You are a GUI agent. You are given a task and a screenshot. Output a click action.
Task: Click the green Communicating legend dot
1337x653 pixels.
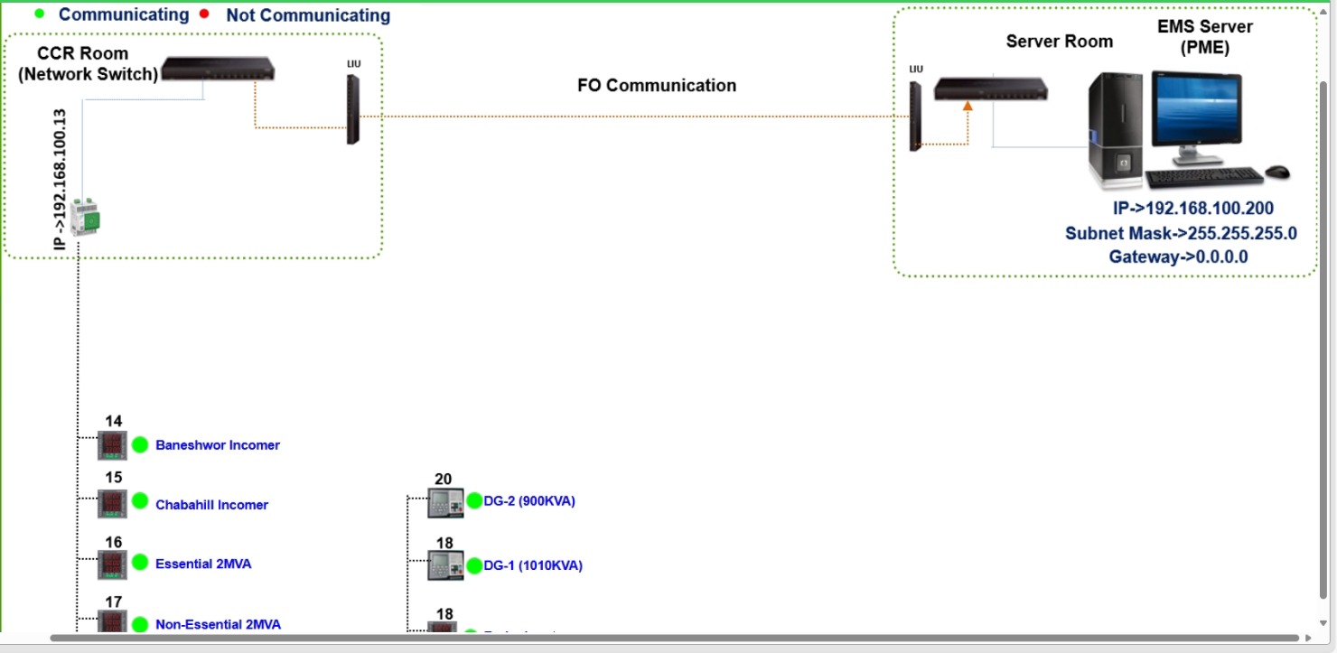point(39,14)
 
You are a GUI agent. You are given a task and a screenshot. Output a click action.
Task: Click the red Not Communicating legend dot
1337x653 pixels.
point(204,14)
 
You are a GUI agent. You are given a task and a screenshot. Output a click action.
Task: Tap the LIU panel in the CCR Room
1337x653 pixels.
point(352,109)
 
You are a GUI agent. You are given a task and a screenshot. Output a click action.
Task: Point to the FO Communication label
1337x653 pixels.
point(657,86)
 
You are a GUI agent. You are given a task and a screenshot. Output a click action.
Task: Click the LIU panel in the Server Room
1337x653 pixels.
point(916,117)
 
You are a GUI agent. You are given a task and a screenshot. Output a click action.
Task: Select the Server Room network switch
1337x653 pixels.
point(991,89)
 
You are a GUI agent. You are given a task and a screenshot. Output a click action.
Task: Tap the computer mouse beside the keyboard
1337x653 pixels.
point(1276,171)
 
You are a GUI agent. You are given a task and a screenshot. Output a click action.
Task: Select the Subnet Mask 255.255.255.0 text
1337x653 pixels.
point(1181,233)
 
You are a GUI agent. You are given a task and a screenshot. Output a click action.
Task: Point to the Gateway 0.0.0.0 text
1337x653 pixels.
point(1178,257)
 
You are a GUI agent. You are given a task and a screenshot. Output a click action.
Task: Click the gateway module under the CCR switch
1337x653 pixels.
point(86,216)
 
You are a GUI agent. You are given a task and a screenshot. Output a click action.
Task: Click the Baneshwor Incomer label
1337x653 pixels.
point(218,445)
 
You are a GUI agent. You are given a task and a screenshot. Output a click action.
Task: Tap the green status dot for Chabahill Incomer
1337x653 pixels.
point(139,501)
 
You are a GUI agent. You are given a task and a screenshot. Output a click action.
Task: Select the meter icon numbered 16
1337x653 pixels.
point(113,564)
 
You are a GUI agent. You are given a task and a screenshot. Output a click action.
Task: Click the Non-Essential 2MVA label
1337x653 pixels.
point(218,624)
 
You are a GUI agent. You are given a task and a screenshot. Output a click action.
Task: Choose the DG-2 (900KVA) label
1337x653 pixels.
point(529,501)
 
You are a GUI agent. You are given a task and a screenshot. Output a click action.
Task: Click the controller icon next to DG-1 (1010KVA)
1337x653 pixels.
point(445,565)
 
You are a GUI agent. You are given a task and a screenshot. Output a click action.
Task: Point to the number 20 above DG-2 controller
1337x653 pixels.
point(444,480)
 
